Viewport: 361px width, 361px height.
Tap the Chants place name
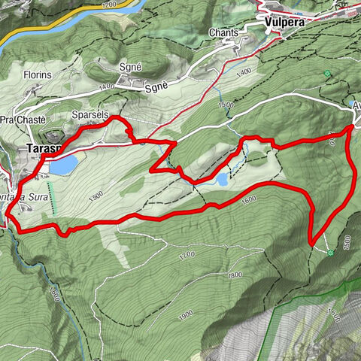(226, 33)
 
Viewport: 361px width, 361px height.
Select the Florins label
(38, 76)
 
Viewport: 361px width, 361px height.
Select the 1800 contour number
(235, 275)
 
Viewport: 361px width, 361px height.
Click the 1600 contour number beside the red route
(249, 200)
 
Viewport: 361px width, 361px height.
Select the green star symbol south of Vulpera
(328, 73)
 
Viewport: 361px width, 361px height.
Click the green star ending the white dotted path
(331, 253)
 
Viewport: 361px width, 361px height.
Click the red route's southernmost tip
(311, 243)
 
